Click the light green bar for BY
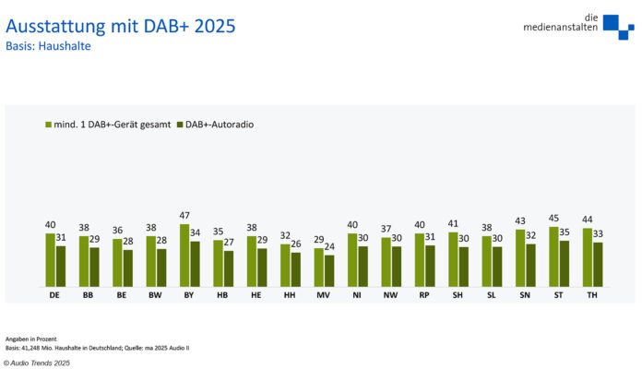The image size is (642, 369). pyautogui.click(x=184, y=256)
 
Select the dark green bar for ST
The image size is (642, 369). pyautogui.click(x=565, y=263)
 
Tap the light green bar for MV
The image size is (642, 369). pyautogui.click(x=318, y=268)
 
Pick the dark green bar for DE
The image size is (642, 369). pyautogui.click(x=61, y=266)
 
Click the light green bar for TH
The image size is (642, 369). pyautogui.click(x=588, y=257)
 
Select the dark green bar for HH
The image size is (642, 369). pyautogui.click(x=296, y=269)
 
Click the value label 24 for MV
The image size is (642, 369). pyautogui.click(x=330, y=247)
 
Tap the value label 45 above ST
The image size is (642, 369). pyautogui.click(x=553, y=220)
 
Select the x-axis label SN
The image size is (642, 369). pyautogui.click(x=525, y=295)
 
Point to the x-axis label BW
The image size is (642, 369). pyautogui.click(x=156, y=295)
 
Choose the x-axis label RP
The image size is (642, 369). pyautogui.click(x=424, y=295)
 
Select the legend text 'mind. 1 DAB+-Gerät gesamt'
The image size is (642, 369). pyautogui.click(x=112, y=124)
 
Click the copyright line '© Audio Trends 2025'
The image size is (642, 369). pyautogui.click(x=36, y=363)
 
